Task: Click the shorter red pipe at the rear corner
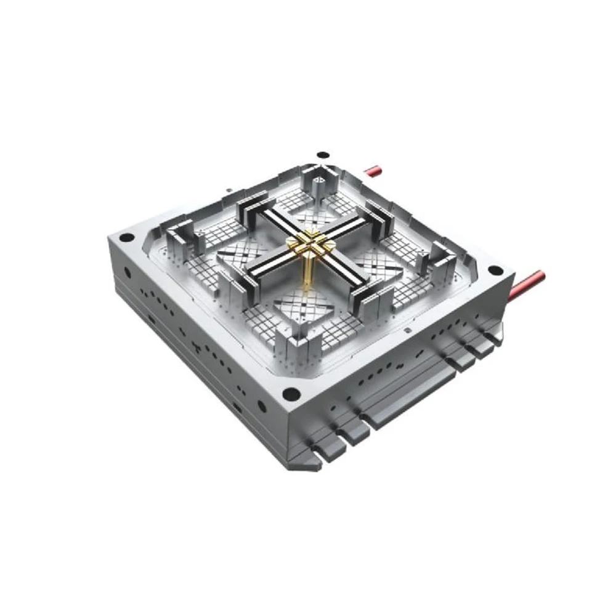(x=374, y=170)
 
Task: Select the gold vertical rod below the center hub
(x=306, y=274)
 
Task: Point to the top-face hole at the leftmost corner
(x=126, y=237)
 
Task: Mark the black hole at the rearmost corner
(x=320, y=155)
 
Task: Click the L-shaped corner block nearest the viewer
(x=294, y=333)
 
